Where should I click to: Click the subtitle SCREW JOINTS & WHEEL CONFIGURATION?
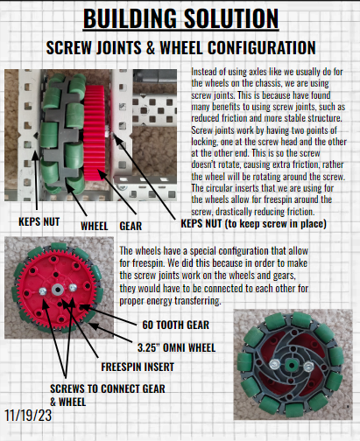180,45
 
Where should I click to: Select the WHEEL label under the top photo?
95,224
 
